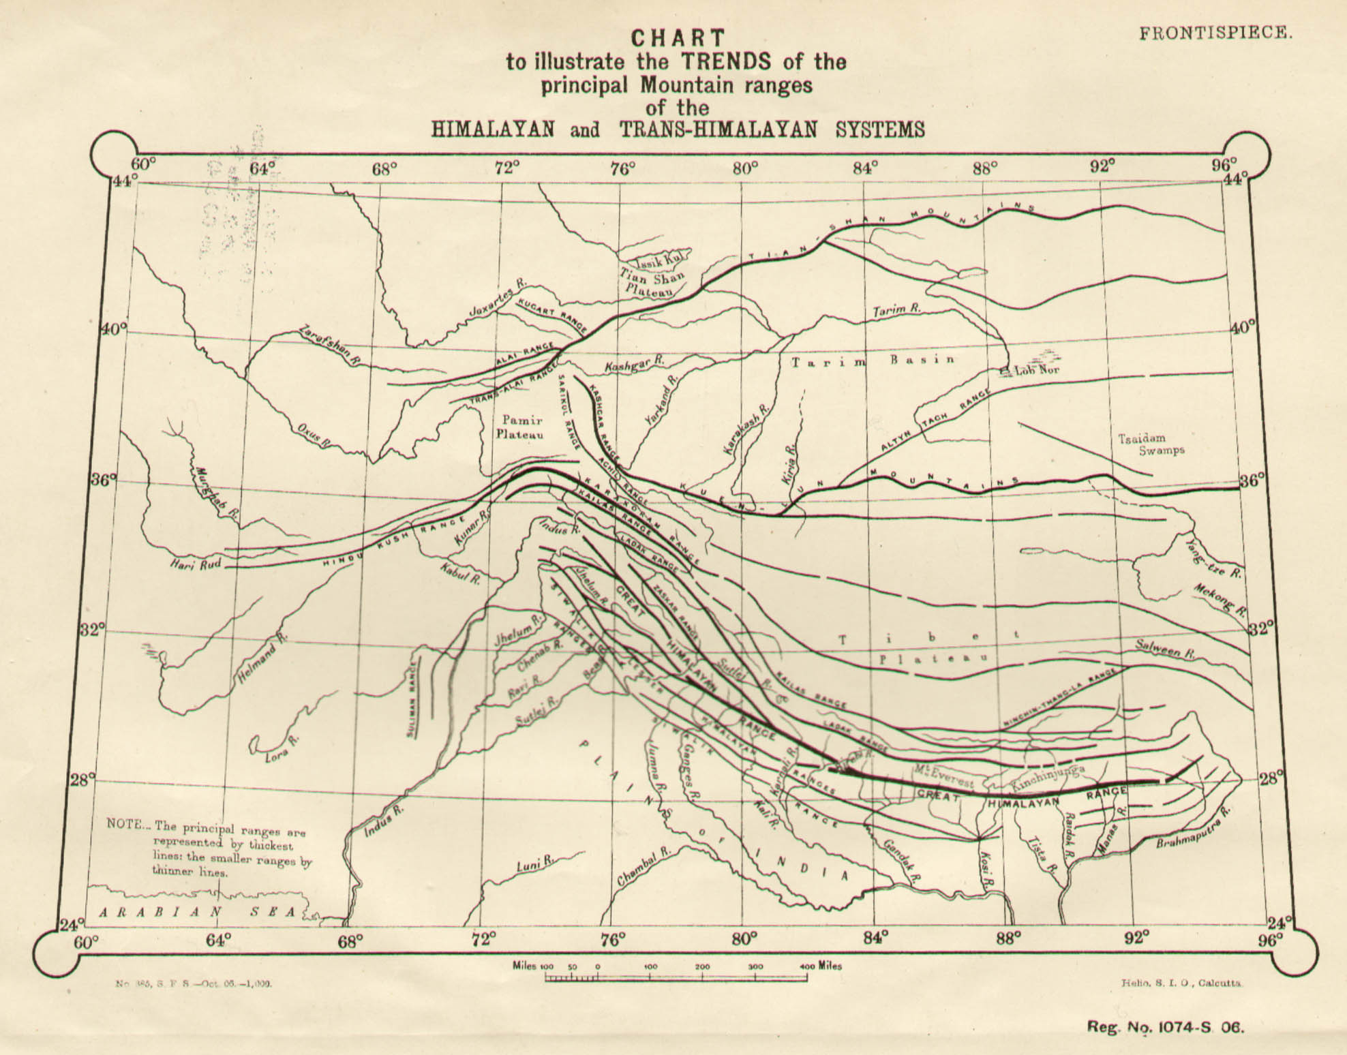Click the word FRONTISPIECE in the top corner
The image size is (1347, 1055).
1215,33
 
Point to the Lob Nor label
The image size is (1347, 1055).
1029,371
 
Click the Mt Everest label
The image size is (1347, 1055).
944,774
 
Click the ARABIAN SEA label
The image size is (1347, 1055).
198,912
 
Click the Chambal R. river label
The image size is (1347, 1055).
644,868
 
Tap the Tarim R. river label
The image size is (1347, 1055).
897,310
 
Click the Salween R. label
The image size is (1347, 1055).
1165,648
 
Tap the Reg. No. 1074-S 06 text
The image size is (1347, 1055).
1166,1027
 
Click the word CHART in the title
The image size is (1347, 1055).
678,38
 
